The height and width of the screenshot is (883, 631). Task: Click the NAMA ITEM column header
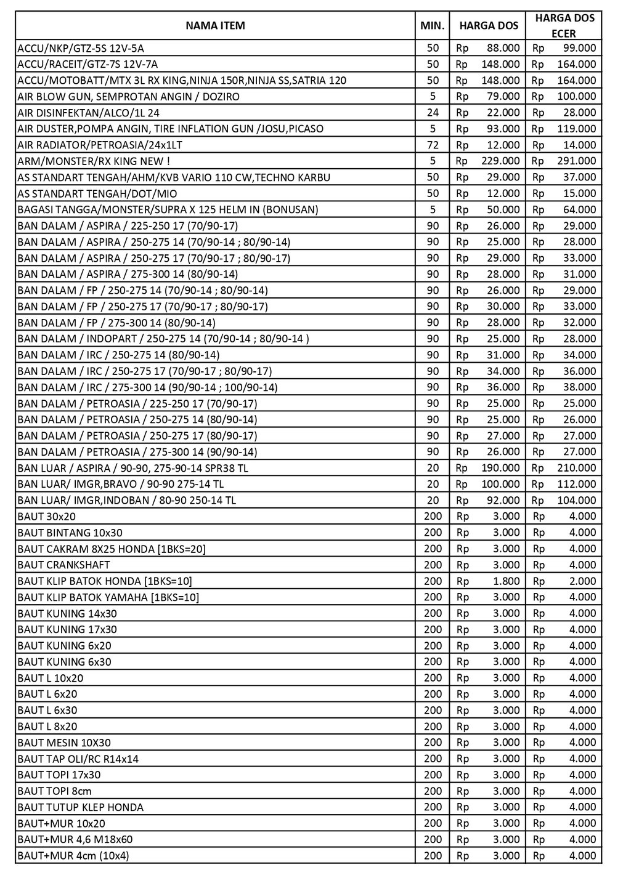(x=215, y=25)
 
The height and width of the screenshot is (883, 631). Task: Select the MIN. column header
(x=433, y=25)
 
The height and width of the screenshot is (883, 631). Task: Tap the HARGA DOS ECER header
(x=564, y=25)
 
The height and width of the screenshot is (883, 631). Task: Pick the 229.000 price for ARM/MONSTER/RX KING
(x=500, y=161)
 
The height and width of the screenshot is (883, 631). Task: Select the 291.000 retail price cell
(x=576, y=161)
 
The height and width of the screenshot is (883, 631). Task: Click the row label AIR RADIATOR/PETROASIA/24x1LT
(x=100, y=145)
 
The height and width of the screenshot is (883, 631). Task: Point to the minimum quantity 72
(x=433, y=145)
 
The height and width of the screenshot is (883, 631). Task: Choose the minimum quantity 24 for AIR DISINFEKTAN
(x=433, y=113)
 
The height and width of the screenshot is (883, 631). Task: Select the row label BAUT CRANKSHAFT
(x=64, y=565)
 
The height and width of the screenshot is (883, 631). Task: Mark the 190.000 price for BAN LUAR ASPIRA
(x=500, y=468)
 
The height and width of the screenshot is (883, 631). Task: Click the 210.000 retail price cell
(x=576, y=468)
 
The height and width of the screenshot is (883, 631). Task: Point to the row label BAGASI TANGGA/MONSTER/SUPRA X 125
(x=168, y=209)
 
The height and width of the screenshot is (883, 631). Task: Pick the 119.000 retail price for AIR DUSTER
(x=576, y=129)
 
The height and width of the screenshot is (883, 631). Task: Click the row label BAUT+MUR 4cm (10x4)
(x=73, y=855)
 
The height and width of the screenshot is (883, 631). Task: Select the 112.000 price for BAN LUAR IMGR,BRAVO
(x=576, y=484)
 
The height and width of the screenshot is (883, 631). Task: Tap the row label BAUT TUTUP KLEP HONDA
(x=81, y=807)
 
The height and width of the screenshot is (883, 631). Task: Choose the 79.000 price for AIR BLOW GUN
(x=503, y=97)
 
